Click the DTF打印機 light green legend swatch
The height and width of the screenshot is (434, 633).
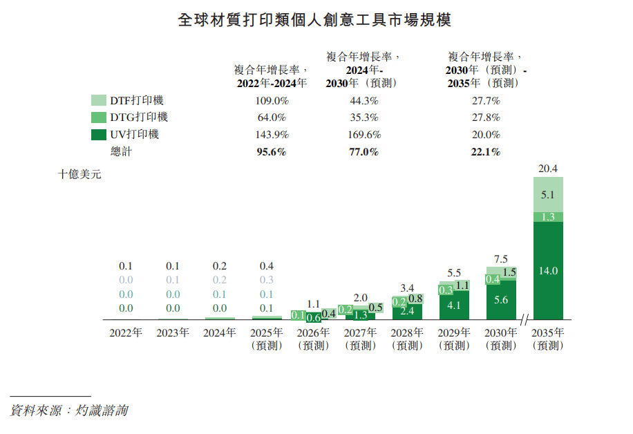tap(99, 101)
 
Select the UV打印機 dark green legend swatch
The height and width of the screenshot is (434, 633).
tap(99, 135)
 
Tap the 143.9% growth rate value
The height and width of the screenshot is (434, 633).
tap(271, 135)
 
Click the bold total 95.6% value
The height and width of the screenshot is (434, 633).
tap(271, 152)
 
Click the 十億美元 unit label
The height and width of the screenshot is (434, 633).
tap(79, 175)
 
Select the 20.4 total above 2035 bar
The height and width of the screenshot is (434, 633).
tap(548, 168)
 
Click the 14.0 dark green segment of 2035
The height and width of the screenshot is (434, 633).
tap(548, 271)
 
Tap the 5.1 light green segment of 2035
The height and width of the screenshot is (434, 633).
tap(548, 195)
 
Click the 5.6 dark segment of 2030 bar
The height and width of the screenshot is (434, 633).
tap(501, 299)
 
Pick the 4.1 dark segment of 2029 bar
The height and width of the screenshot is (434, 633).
tap(454, 305)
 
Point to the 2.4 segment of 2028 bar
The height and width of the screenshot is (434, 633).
tap(407, 311)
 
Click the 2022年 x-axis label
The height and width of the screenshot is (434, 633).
tap(126, 332)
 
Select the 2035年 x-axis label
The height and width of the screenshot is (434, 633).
tap(548, 332)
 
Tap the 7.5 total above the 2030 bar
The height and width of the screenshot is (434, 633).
tap(501, 258)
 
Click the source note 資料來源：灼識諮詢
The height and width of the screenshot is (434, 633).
tap(69, 411)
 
